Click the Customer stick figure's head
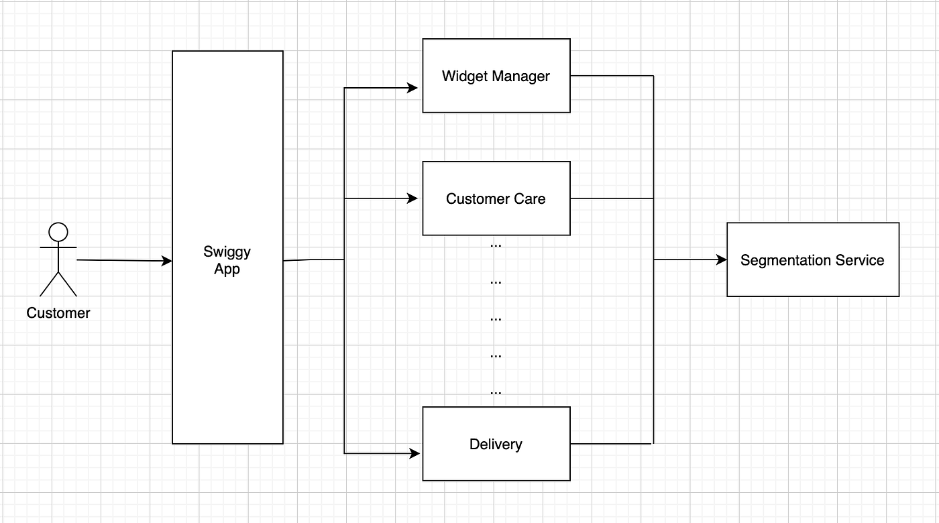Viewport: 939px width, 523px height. [58, 232]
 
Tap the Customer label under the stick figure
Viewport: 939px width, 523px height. [58, 313]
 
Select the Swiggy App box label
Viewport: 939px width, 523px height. [227, 261]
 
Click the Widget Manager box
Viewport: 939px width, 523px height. [496, 76]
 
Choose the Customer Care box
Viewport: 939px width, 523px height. [496, 198]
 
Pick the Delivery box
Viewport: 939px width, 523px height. [496, 444]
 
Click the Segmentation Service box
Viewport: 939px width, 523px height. [812, 260]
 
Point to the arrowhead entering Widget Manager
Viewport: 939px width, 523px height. [414, 88]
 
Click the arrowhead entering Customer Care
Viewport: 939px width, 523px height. [414, 198]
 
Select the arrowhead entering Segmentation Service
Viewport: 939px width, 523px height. [722, 260]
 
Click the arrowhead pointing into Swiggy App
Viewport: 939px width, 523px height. [167, 261]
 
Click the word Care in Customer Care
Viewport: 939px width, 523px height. [531, 198]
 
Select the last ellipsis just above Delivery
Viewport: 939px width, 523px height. [496, 392]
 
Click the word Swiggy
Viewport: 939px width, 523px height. [227, 252]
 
